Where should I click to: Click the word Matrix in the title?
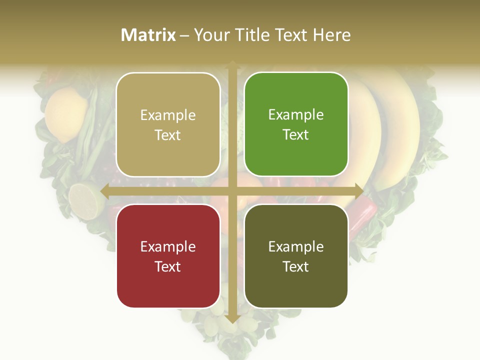pos(148,35)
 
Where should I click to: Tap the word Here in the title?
pos(332,35)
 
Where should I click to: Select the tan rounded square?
pos(168,124)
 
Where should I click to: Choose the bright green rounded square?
pos(296,124)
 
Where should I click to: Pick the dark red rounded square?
pos(168,256)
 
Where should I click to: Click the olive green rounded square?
pos(296,256)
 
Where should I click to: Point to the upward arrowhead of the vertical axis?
pos(232,65)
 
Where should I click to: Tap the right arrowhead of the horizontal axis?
pos(358,191)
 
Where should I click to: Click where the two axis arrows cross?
pos(232,191)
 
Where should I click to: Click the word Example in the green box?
pos(296,115)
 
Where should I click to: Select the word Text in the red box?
pos(168,266)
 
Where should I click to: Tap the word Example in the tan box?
pos(168,115)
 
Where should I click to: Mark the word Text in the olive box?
pos(296,266)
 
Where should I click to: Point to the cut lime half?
pos(85,200)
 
